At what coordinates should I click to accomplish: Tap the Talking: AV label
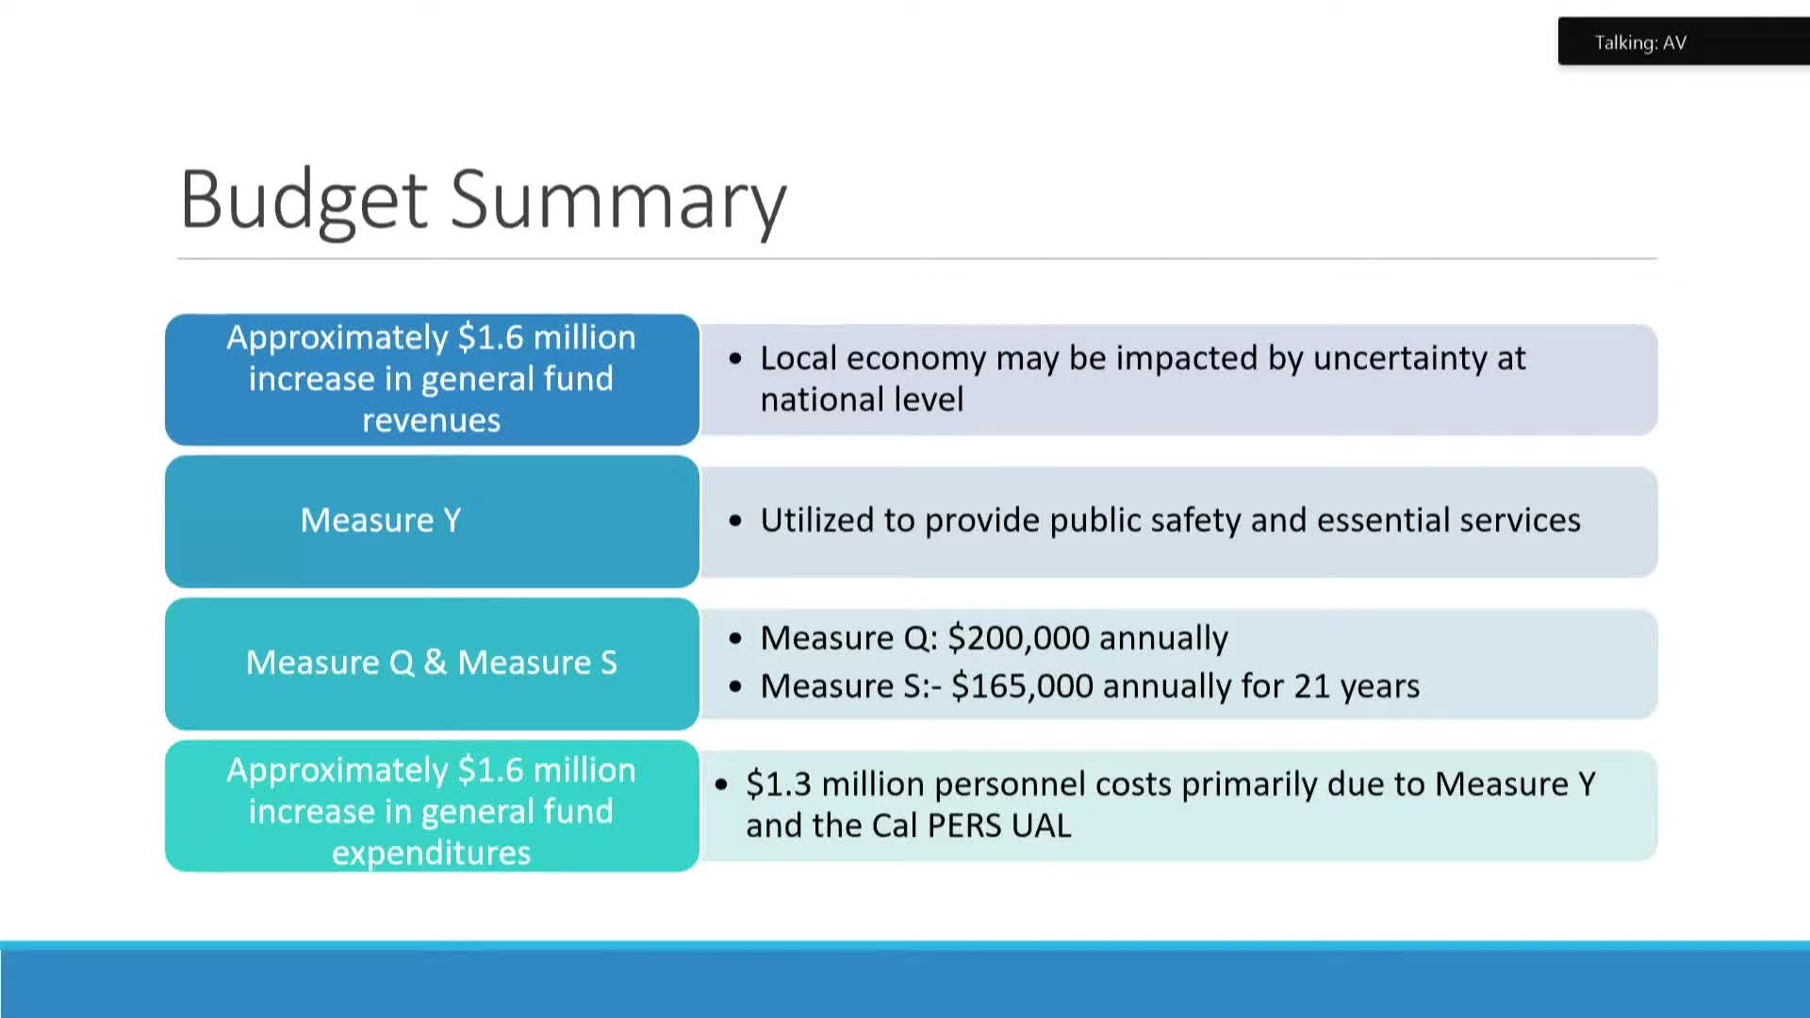pos(1639,42)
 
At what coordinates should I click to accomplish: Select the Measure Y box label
pos(381,520)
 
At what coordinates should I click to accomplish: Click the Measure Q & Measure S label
pos(431,663)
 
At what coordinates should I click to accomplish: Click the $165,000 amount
pos(1022,686)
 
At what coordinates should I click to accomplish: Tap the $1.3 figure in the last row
pos(778,784)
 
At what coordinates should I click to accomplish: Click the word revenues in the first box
pos(431,420)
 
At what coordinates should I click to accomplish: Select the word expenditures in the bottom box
pos(431,853)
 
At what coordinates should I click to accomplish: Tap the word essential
pos(1376,520)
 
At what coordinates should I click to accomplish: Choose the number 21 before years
pos(1311,686)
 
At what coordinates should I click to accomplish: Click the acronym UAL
pos(1041,826)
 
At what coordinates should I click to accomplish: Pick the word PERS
pos(963,826)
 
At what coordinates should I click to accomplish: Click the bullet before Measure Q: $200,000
pos(735,639)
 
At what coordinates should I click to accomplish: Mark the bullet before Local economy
pos(735,359)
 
